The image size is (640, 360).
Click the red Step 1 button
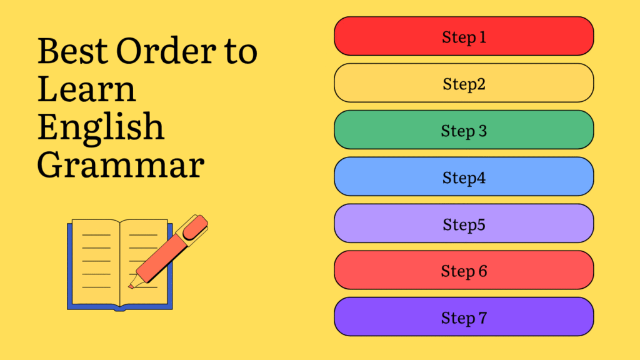pyautogui.click(x=464, y=36)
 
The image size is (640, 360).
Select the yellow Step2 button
pyautogui.click(x=464, y=83)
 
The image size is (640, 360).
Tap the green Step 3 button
pyautogui.click(x=464, y=130)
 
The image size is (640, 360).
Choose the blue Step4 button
pyautogui.click(x=464, y=176)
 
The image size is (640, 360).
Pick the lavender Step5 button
pyautogui.click(x=464, y=223)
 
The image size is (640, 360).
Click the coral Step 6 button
pyautogui.click(x=464, y=270)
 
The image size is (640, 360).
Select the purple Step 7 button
pyautogui.click(x=464, y=317)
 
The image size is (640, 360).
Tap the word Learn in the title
pyautogui.click(x=86, y=89)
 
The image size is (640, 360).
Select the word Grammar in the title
pyautogui.click(x=121, y=165)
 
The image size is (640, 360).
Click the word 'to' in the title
pyautogui.click(x=241, y=52)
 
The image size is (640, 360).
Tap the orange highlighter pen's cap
pyautogui.click(x=195, y=227)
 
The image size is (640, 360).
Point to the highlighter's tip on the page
pyautogui.click(x=131, y=286)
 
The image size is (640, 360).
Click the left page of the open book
pyautogui.click(x=96, y=262)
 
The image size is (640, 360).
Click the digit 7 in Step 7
pyautogui.click(x=482, y=317)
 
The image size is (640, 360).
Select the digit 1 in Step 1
pyautogui.click(x=482, y=37)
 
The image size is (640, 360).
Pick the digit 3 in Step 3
pyautogui.click(x=482, y=131)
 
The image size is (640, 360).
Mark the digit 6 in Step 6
pyautogui.click(x=483, y=271)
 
